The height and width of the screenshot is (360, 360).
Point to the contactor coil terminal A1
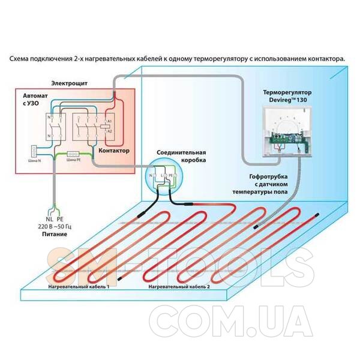pos(110,120)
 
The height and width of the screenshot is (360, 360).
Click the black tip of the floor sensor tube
pos(256,227)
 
